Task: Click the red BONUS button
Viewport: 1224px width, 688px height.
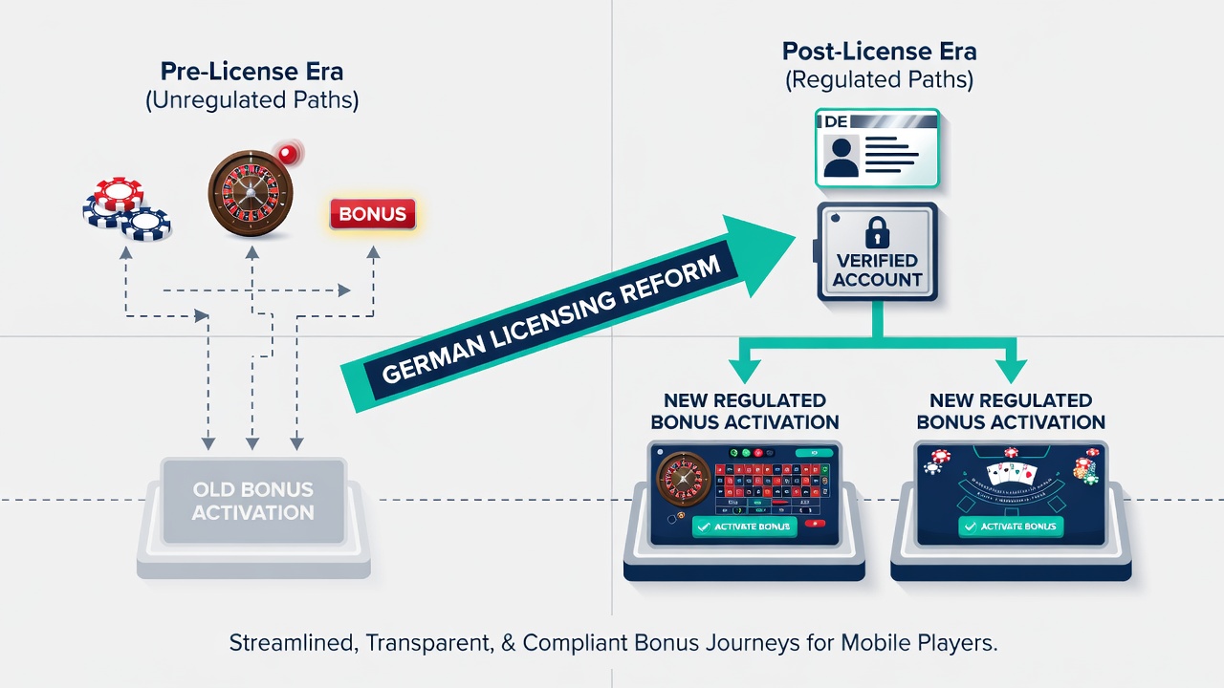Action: (373, 213)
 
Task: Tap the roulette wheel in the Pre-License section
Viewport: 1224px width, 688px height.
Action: (251, 194)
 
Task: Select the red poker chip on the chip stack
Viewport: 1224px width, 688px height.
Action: (119, 194)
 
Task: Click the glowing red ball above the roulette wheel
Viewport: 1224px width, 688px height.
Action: (288, 154)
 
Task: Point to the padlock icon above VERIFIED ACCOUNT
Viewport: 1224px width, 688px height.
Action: (877, 232)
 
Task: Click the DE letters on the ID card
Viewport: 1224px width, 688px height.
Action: (836, 121)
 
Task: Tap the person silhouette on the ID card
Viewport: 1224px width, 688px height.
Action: (841, 158)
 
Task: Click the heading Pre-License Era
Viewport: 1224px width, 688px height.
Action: (251, 72)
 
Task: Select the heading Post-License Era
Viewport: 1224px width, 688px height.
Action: (879, 52)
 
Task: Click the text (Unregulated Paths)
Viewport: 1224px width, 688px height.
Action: (251, 100)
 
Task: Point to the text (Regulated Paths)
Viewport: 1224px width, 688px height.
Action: (879, 80)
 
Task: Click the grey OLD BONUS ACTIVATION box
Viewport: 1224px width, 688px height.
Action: (253, 502)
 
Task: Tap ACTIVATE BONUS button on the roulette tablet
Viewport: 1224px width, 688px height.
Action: (744, 527)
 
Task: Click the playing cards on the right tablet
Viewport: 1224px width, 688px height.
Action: (1011, 473)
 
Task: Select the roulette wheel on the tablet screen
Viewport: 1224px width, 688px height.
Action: (683, 479)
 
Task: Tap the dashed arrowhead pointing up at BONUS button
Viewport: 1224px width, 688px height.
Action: (373, 252)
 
